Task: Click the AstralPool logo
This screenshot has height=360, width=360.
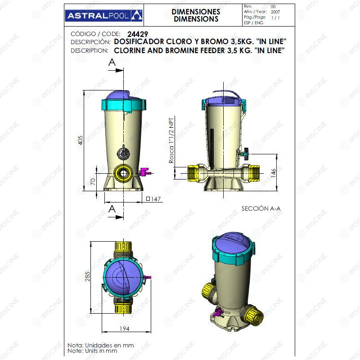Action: [x=104, y=15]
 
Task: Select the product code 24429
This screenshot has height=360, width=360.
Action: [x=138, y=34]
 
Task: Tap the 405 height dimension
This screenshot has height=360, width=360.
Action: [x=81, y=140]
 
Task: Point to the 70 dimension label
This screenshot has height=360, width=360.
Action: [x=93, y=182]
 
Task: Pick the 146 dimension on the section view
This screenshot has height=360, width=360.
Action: [x=273, y=173]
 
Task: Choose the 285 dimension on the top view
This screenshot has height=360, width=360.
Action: [x=87, y=276]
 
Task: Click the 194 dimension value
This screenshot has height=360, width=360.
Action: [x=125, y=328]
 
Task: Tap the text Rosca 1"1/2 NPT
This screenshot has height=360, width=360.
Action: [x=171, y=140]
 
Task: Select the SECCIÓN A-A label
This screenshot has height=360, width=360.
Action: [x=261, y=208]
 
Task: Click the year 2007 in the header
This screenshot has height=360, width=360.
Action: [x=275, y=12]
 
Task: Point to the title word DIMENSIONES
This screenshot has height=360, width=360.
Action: [x=196, y=12]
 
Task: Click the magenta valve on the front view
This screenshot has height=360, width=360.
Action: [x=144, y=172]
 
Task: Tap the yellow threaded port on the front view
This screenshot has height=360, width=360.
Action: [x=123, y=173]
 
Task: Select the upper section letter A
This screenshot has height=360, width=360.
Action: [x=112, y=62]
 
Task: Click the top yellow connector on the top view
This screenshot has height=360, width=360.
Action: [x=123, y=246]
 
